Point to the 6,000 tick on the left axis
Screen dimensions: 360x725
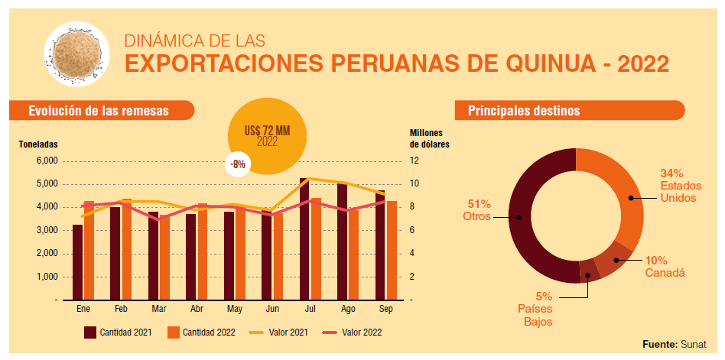(x=47, y=161)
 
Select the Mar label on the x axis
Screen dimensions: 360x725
(x=159, y=309)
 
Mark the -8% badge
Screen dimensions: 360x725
(x=237, y=164)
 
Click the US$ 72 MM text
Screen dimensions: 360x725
(x=267, y=131)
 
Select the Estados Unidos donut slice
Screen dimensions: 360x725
(x=619, y=192)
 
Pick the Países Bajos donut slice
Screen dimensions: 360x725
(x=587, y=271)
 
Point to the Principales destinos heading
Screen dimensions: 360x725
(x=524, y=111)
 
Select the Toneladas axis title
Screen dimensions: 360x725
(x=38, y=144)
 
